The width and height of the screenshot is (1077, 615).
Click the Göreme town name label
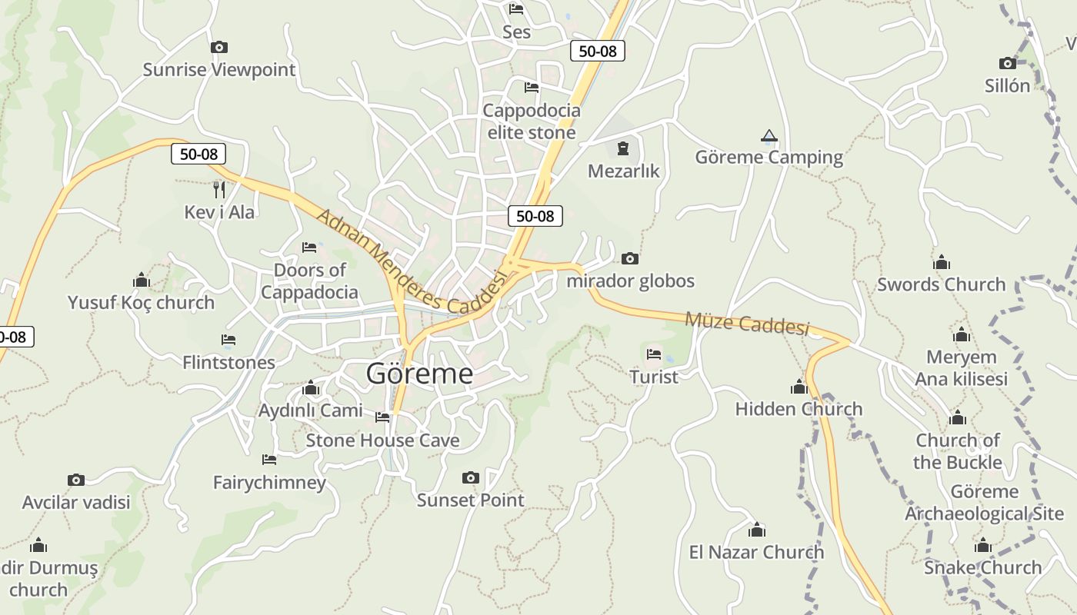(419, 374)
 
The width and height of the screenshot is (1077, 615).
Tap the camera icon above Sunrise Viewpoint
(219, 48)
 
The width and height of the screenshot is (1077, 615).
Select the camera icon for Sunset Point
(471, 478)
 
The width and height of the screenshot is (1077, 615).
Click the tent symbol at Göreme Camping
(769, 137)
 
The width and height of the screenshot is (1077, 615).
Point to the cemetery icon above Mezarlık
(623, 148)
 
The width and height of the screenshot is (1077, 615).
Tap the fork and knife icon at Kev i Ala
(219, 189)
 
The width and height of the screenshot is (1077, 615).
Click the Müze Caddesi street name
(746, 324)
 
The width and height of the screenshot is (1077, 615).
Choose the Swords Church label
(942, 284)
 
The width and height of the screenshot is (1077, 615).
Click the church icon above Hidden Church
(799, 387)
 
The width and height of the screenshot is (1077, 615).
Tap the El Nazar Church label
(756, 552)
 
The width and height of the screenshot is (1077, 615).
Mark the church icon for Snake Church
(982, 547)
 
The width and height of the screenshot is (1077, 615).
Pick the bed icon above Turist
(654, 354)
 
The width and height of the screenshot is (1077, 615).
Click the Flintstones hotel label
(228, 362)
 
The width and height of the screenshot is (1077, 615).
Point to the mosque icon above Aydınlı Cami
(311, 388)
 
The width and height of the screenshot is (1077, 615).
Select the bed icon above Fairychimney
(269, 460)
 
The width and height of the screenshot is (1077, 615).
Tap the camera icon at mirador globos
(630, 259)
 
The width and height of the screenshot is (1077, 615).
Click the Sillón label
(1007, 85)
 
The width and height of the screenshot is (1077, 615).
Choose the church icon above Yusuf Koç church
(141, 280)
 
